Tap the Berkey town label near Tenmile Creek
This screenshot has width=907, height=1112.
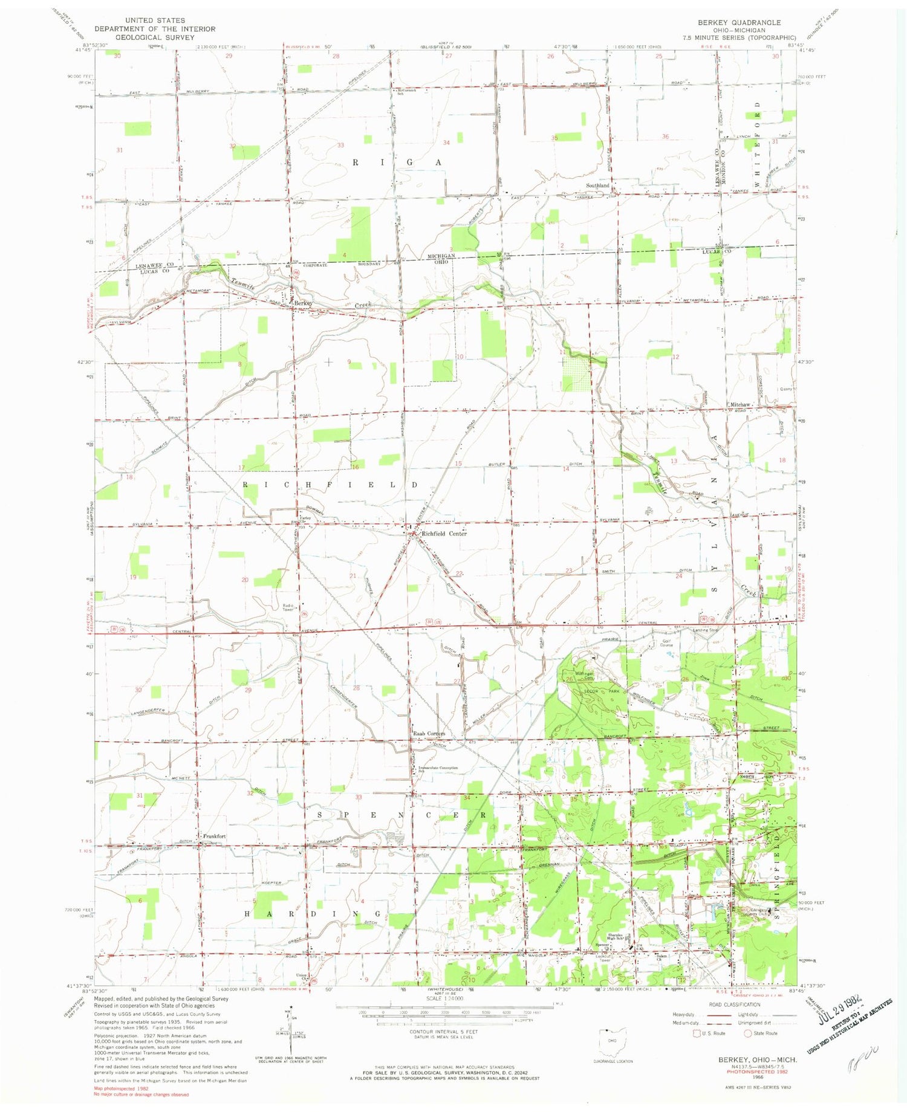pyautogui.click(x=304, y=303)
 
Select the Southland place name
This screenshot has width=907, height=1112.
pyautogui.click(x=597, y=185)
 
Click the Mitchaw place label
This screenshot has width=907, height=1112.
pyautogui.click(x=740, y=404)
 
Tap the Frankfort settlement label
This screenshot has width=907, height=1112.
pyautogui.click(x=214, y=836)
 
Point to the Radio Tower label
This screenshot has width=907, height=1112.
pyautogui.click(x=288, y=607)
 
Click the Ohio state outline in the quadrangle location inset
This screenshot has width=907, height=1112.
pyautogui.click(x=611, y=1041)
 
